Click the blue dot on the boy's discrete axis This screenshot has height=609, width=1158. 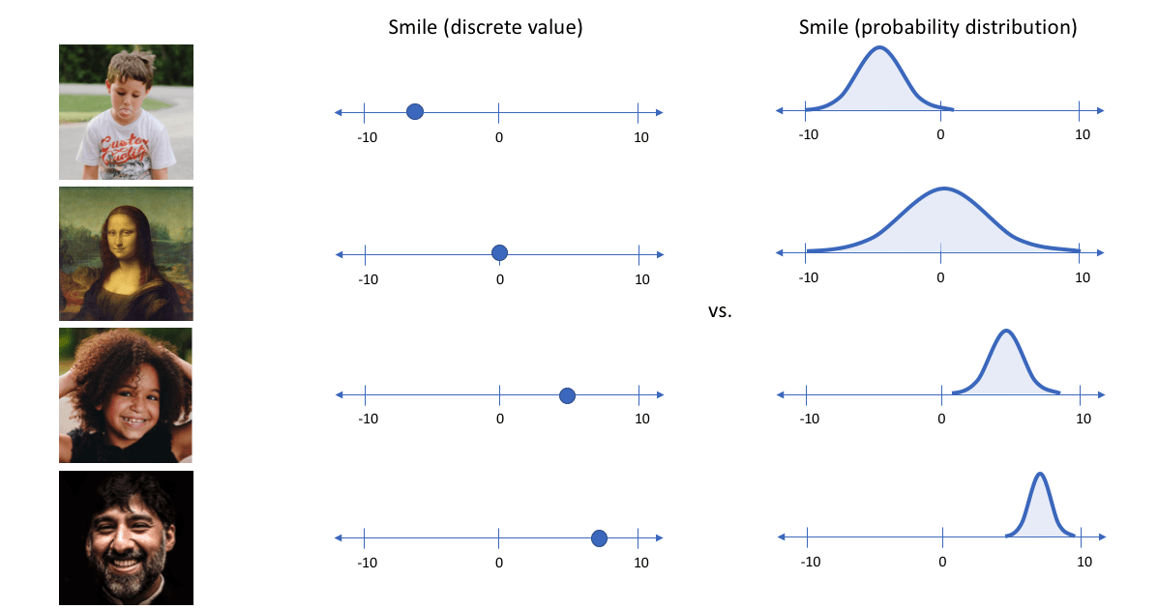click(x=414, y=112)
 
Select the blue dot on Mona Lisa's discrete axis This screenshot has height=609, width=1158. click(x=499, y=253)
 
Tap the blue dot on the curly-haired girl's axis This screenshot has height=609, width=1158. click(x=568, y=395)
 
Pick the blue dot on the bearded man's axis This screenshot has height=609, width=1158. click(x=599, y=537)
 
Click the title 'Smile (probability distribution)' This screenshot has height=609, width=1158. click(x=937, y=27)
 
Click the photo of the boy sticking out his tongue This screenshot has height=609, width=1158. click(x=126, y=111)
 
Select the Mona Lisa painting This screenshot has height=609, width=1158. click(x=126, y=253)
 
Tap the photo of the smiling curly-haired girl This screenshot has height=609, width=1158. click(x=126, y=395)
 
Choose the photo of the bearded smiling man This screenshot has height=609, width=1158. click(x=126, y=537)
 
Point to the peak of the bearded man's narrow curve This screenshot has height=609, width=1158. click(x=1039, y=474)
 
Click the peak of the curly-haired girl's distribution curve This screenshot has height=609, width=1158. click(x=1006, y=332)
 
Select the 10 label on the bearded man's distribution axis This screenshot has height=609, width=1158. click(x=1084, y=562)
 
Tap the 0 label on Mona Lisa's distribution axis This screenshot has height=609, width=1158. click(x=941, y=277)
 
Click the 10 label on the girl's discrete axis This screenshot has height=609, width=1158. click(x=641, y=419)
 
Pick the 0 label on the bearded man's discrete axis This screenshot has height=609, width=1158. click(x=499, y=562)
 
